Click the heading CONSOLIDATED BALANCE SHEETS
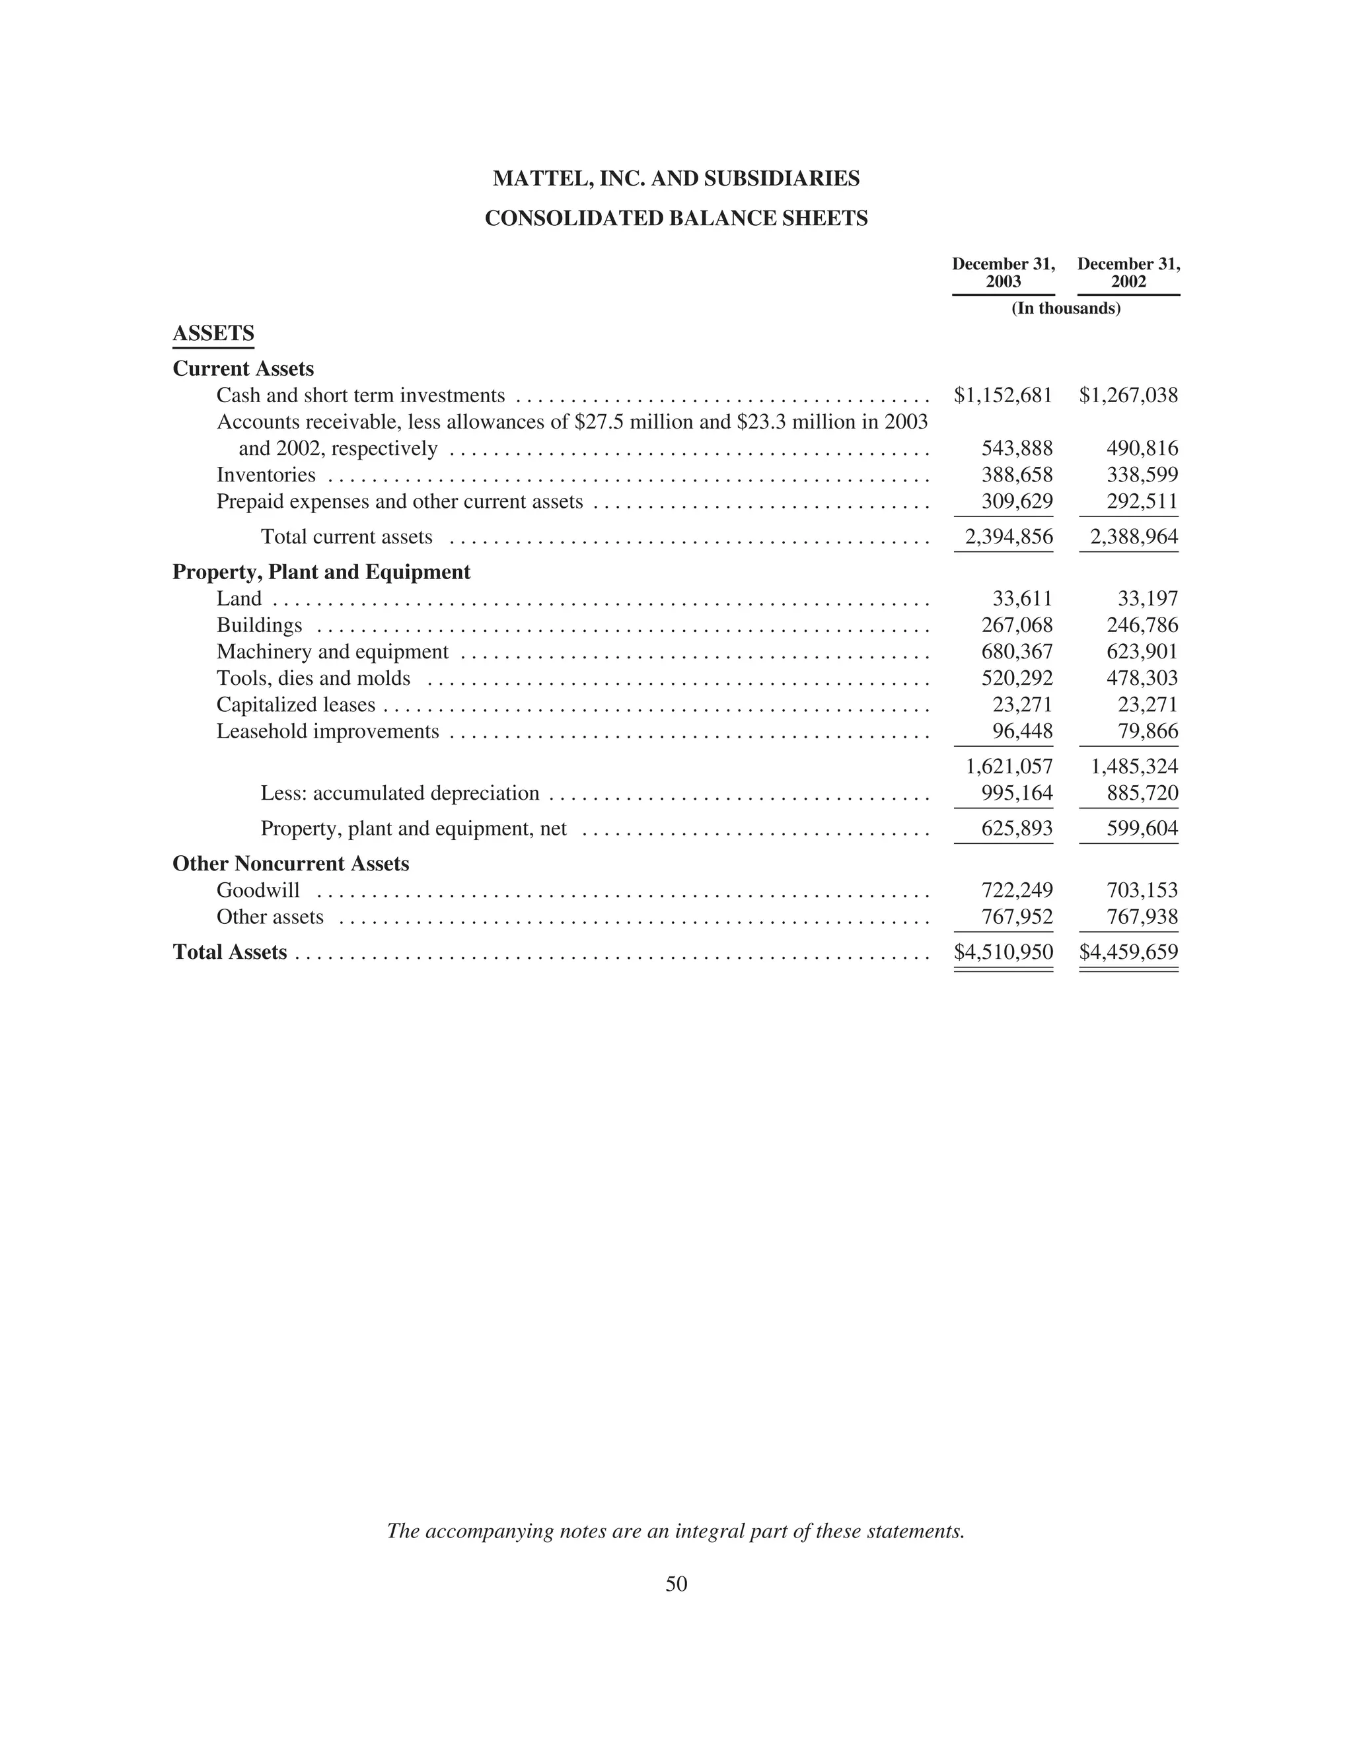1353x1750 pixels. [x=676, y=219]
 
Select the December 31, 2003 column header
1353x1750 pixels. [x=1003, y=273]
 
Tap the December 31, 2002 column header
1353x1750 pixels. [x=1128, y=273]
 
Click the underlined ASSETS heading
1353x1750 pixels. [x=213, y=333]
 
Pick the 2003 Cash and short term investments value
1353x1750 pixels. [x=1003, y=395]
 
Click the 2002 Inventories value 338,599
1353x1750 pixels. [x=1142, y=475]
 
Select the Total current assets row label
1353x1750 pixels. [x=346, y=537]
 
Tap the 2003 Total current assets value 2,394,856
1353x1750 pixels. [x=1008, y=537]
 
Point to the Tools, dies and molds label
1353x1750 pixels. [x=313, y=679]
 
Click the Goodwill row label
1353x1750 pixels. [x=258, y=890]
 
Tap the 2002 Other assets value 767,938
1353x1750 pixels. [x=1142, y=917]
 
